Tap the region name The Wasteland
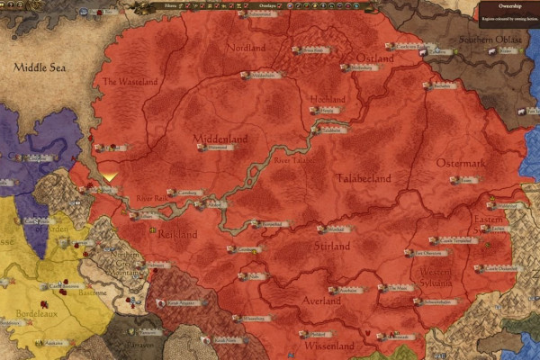[x=130, y=81]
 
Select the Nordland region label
[x=246, y=47]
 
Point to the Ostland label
[x=374, y=58]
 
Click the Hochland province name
[x=327, y=98]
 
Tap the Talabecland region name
[x=364, y=178]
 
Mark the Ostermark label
[x=460, y=164]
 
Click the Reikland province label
[x=176, y=232]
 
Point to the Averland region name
[x=321, y=301]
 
